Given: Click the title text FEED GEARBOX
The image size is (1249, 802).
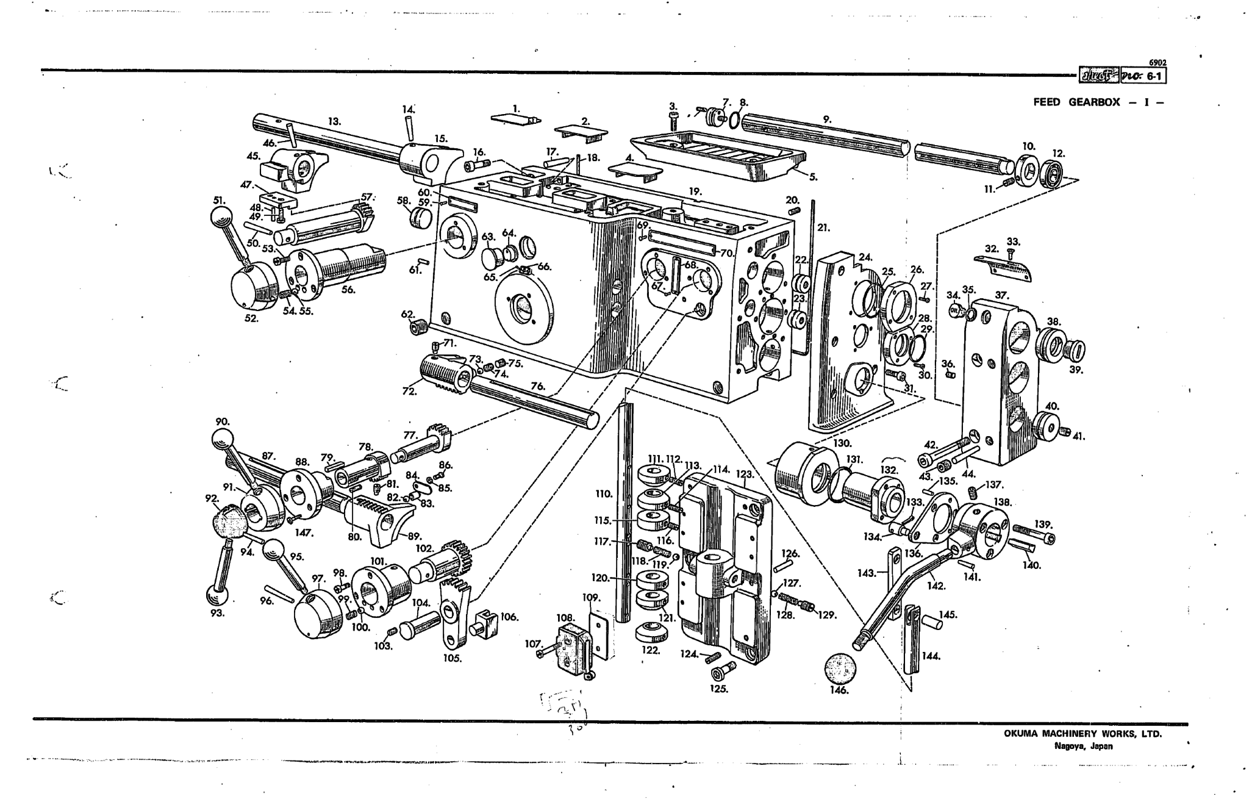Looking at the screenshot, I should (x=1076, y=102).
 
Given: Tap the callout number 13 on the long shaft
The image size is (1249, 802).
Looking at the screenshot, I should (x=334, y=121).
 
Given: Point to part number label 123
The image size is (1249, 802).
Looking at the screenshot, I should (x=745, y=474).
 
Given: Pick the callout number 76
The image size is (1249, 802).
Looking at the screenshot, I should (x=537, y=386).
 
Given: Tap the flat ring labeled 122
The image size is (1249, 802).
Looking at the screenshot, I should (x=651, y=632).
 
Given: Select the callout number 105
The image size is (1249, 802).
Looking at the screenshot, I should (x=453, y=659).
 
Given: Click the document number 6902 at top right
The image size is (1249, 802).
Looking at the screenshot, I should (x=1157, y=63).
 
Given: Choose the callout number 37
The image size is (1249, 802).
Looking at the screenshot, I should (x=1001, y=295).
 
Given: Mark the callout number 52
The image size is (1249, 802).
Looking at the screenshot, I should (x=251, y=318).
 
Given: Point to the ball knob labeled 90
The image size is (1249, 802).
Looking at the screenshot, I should (x=223, y=438).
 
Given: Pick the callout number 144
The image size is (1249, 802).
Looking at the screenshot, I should (x=930, y=656).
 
